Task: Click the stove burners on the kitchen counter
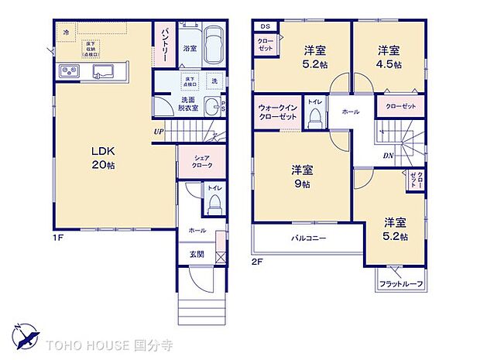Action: pyautogui.click(x=67, y=72)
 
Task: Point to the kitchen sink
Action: pyautogui.click(x=103, y=72)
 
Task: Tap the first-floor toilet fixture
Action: pyautogui.click(x=215, y=203)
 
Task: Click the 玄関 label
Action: pyautogui.click(x=197, y=254)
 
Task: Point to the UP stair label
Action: pyautogui.click(x=159, y=132)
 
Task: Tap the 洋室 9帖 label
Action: pyautogui.click(x=302, y=176)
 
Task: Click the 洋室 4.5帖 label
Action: pyautogui.click(x=389, y=57)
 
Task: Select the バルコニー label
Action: pyautogui.click(x=307, y=238)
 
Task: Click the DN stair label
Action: pyautogui.click(x=387, y=155)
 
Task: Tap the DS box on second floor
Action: pyautogui.click(x=264, y=26)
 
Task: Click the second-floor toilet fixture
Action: pyautogui.click(x=315, y=117)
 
